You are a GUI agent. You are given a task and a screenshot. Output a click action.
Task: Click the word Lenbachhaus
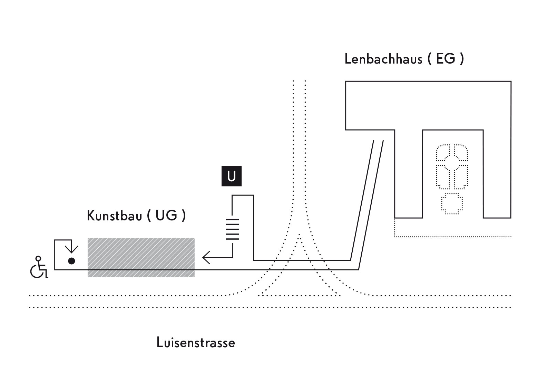(x=383, y=59)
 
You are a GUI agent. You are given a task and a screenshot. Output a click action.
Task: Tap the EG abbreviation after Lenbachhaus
(x=446, y=59)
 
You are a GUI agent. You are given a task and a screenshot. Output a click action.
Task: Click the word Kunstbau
(x=114, y=216)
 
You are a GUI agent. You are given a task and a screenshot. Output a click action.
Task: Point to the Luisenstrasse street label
(x=196, y=343)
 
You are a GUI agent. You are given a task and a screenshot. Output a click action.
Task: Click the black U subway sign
(x=231, y=176)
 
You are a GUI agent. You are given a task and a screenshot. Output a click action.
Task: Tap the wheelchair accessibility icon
(x=39, y=268)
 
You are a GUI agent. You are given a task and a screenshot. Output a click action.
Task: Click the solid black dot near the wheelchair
(x=71, y=261)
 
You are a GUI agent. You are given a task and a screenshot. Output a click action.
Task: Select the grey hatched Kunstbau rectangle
(x=141, y=257)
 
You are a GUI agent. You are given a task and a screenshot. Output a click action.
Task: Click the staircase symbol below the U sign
(x=233, y=229)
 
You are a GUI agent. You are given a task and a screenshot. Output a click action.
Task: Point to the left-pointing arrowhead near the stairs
(x=206, y=257)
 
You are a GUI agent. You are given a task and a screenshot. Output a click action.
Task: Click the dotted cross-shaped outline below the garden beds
(x=452, y=203)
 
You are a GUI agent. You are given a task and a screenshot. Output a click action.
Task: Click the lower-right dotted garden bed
(x=461, y=177)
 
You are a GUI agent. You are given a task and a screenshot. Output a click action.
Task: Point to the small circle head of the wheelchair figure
(x=38, y=258)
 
